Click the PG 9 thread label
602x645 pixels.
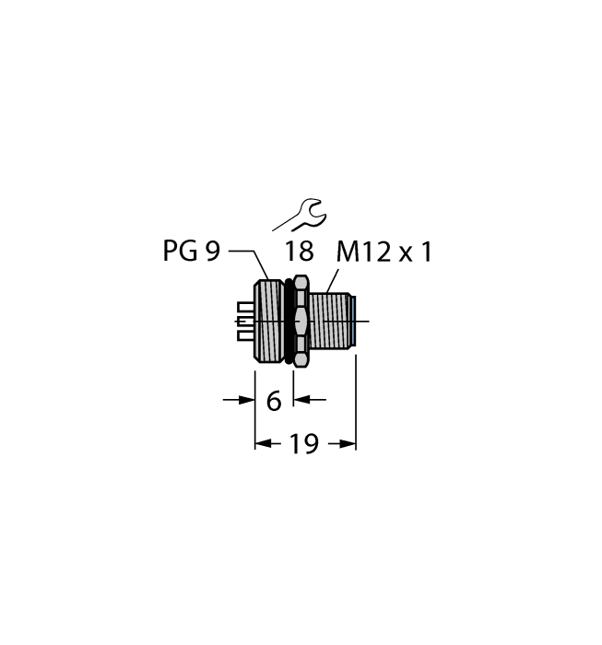(x=192, y=251)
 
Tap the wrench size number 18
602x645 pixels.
(x=300, y=252)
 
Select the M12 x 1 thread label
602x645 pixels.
(x=384, y=252)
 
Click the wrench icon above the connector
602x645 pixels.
(x=300, y=215)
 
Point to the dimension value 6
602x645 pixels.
(x=274, y=401)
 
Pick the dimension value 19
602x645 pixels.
(x=304, y=443)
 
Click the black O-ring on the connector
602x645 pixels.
(x=289, y=322)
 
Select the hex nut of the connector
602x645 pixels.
(x=301, y=322)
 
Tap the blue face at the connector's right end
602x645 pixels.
(x=353, y=322)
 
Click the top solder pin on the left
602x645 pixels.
(x=245, y=307)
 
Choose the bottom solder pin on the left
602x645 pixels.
(x=245, y=336)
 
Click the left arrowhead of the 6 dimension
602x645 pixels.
(x=246, y=399)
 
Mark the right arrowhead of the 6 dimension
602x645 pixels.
(x=301, y=399)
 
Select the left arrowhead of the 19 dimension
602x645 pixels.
(x=263, y=444)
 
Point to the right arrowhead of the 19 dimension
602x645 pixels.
(x=348, y=444)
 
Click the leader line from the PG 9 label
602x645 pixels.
(x=249, y=264)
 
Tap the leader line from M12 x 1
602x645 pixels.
(x=332, y=281)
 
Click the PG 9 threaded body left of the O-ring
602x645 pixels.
(x=269, y=322)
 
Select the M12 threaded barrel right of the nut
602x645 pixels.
(x=329, y=322)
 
